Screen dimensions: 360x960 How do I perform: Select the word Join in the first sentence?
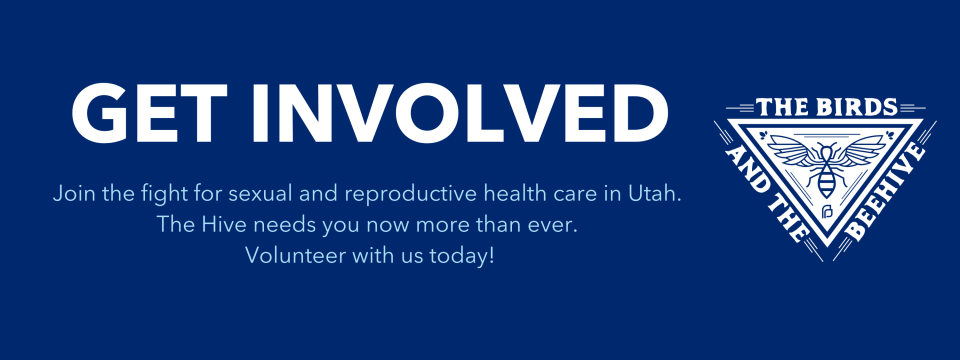pos(71,194)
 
